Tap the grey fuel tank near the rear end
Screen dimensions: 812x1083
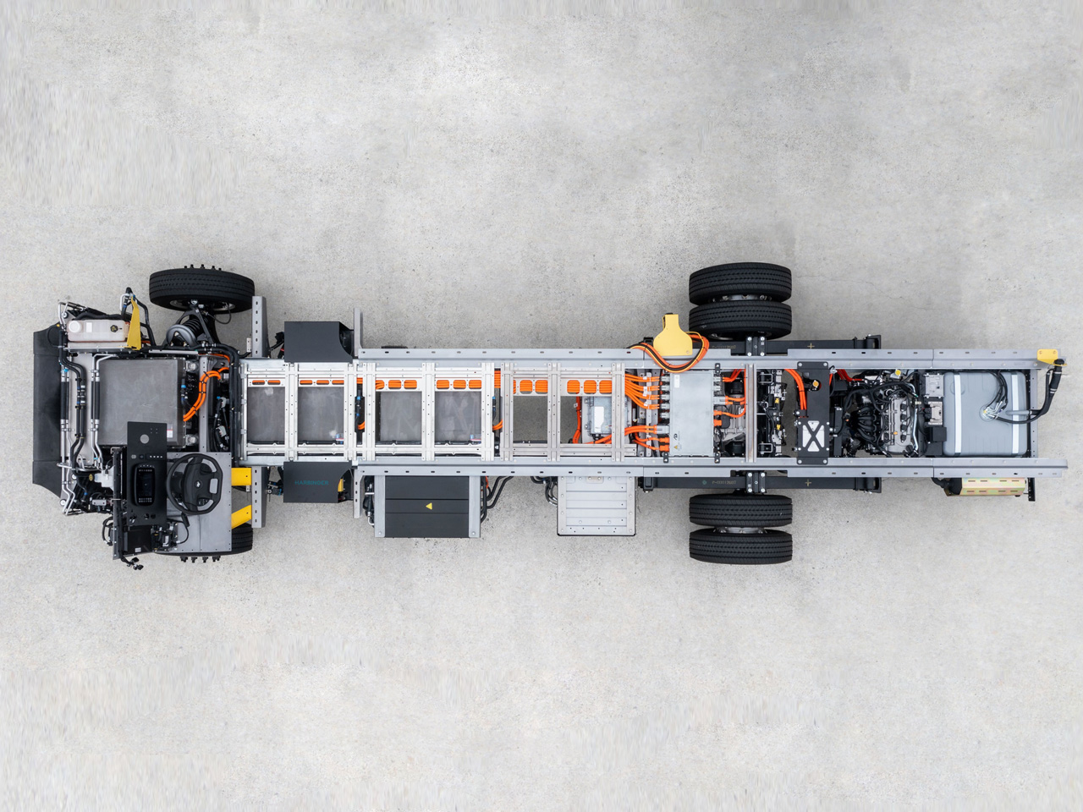pos(972,406)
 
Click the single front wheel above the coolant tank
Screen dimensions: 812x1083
pos(201,288)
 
